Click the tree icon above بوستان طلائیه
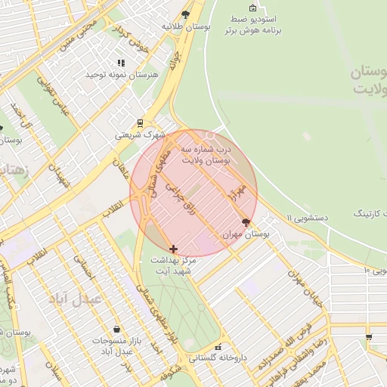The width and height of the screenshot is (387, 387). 185,14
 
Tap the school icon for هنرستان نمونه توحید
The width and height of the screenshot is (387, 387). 119,63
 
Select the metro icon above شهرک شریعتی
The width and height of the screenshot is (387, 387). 140,122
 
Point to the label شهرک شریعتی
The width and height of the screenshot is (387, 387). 140,135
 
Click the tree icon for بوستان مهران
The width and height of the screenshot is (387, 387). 245,222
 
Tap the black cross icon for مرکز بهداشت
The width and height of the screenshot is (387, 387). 174,248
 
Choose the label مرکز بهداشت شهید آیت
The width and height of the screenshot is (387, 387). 174,265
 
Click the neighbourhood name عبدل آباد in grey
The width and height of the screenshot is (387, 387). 76,299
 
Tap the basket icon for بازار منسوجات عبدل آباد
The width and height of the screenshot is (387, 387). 117,330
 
